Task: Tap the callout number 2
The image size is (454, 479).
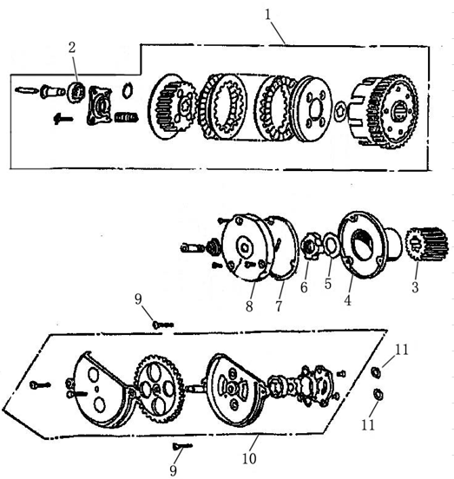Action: click(73, 47)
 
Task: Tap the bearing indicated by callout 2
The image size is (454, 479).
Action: click(76, 89)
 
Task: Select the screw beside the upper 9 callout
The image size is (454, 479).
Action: click(162, 325)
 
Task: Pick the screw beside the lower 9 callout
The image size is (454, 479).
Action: click(181, 446)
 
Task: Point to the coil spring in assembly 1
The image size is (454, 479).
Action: click(128, 117)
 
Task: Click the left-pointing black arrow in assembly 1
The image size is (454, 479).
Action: click(61, 117)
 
